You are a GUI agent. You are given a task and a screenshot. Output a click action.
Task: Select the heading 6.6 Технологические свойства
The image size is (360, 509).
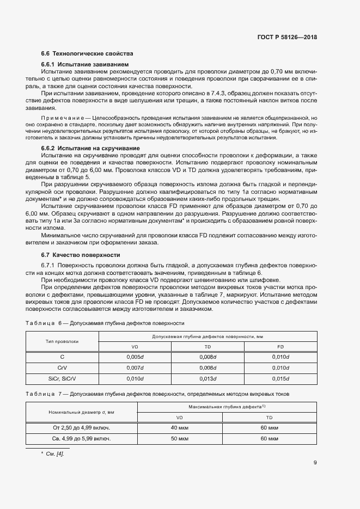[87, 53]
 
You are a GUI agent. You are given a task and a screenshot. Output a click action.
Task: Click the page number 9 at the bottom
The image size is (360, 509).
[315, 463]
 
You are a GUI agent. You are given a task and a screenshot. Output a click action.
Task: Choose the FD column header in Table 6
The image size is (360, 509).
[280, 347]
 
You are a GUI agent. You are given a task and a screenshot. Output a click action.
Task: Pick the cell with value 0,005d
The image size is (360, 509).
[135, 357]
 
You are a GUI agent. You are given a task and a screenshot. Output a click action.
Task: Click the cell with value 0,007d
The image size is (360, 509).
[135, 367]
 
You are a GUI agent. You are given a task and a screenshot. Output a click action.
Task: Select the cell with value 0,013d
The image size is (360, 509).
[208, 378]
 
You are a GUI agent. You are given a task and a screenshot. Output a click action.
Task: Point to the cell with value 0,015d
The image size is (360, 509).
[280, 378]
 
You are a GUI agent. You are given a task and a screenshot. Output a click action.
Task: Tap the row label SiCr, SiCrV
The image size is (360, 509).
[62, 378]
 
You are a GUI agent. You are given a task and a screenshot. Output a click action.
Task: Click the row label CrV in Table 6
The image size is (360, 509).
[62, 367]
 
